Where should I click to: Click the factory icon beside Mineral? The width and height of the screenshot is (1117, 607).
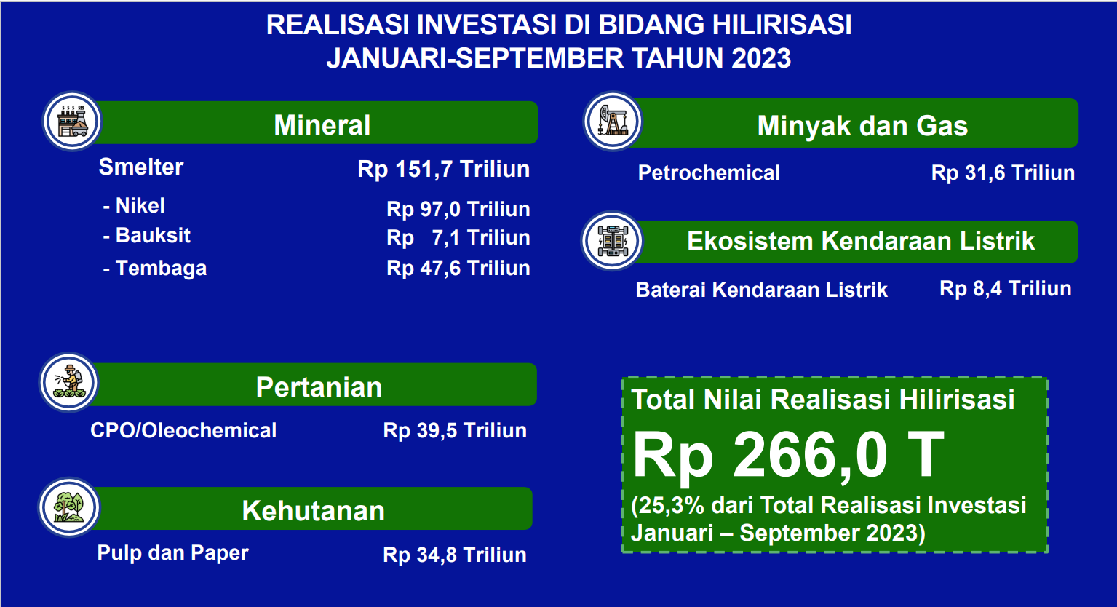click(73, 121)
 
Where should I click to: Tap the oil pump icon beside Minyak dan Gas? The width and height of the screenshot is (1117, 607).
click(613, 121)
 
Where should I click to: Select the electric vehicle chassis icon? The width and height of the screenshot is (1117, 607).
click(613, 241)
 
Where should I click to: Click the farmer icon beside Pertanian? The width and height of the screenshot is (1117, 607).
click(69, 383)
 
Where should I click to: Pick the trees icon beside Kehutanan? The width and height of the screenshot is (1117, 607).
click(69, 507)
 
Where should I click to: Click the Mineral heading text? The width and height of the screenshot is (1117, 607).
click(322, 124)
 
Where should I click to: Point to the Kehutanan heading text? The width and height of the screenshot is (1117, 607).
click(313, 511)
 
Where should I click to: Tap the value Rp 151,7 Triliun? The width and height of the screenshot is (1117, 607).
click(444, 169)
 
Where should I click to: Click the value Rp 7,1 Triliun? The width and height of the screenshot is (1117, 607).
click(458, 238)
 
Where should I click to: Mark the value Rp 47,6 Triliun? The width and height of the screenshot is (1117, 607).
click(458, 269)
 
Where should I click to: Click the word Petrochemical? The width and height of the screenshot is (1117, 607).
click(709, 172)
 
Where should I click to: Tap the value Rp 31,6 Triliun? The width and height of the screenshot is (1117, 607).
click(1003, 172)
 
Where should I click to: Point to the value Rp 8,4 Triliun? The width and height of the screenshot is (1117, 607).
click(1006, 288)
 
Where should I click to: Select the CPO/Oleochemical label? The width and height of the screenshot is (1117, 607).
click(183, 430)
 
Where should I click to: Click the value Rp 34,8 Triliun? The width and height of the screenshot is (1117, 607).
click(455, 555)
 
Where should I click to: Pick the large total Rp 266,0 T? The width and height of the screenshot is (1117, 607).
click(788, 456)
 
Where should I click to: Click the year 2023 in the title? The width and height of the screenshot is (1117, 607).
click(761, 57)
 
